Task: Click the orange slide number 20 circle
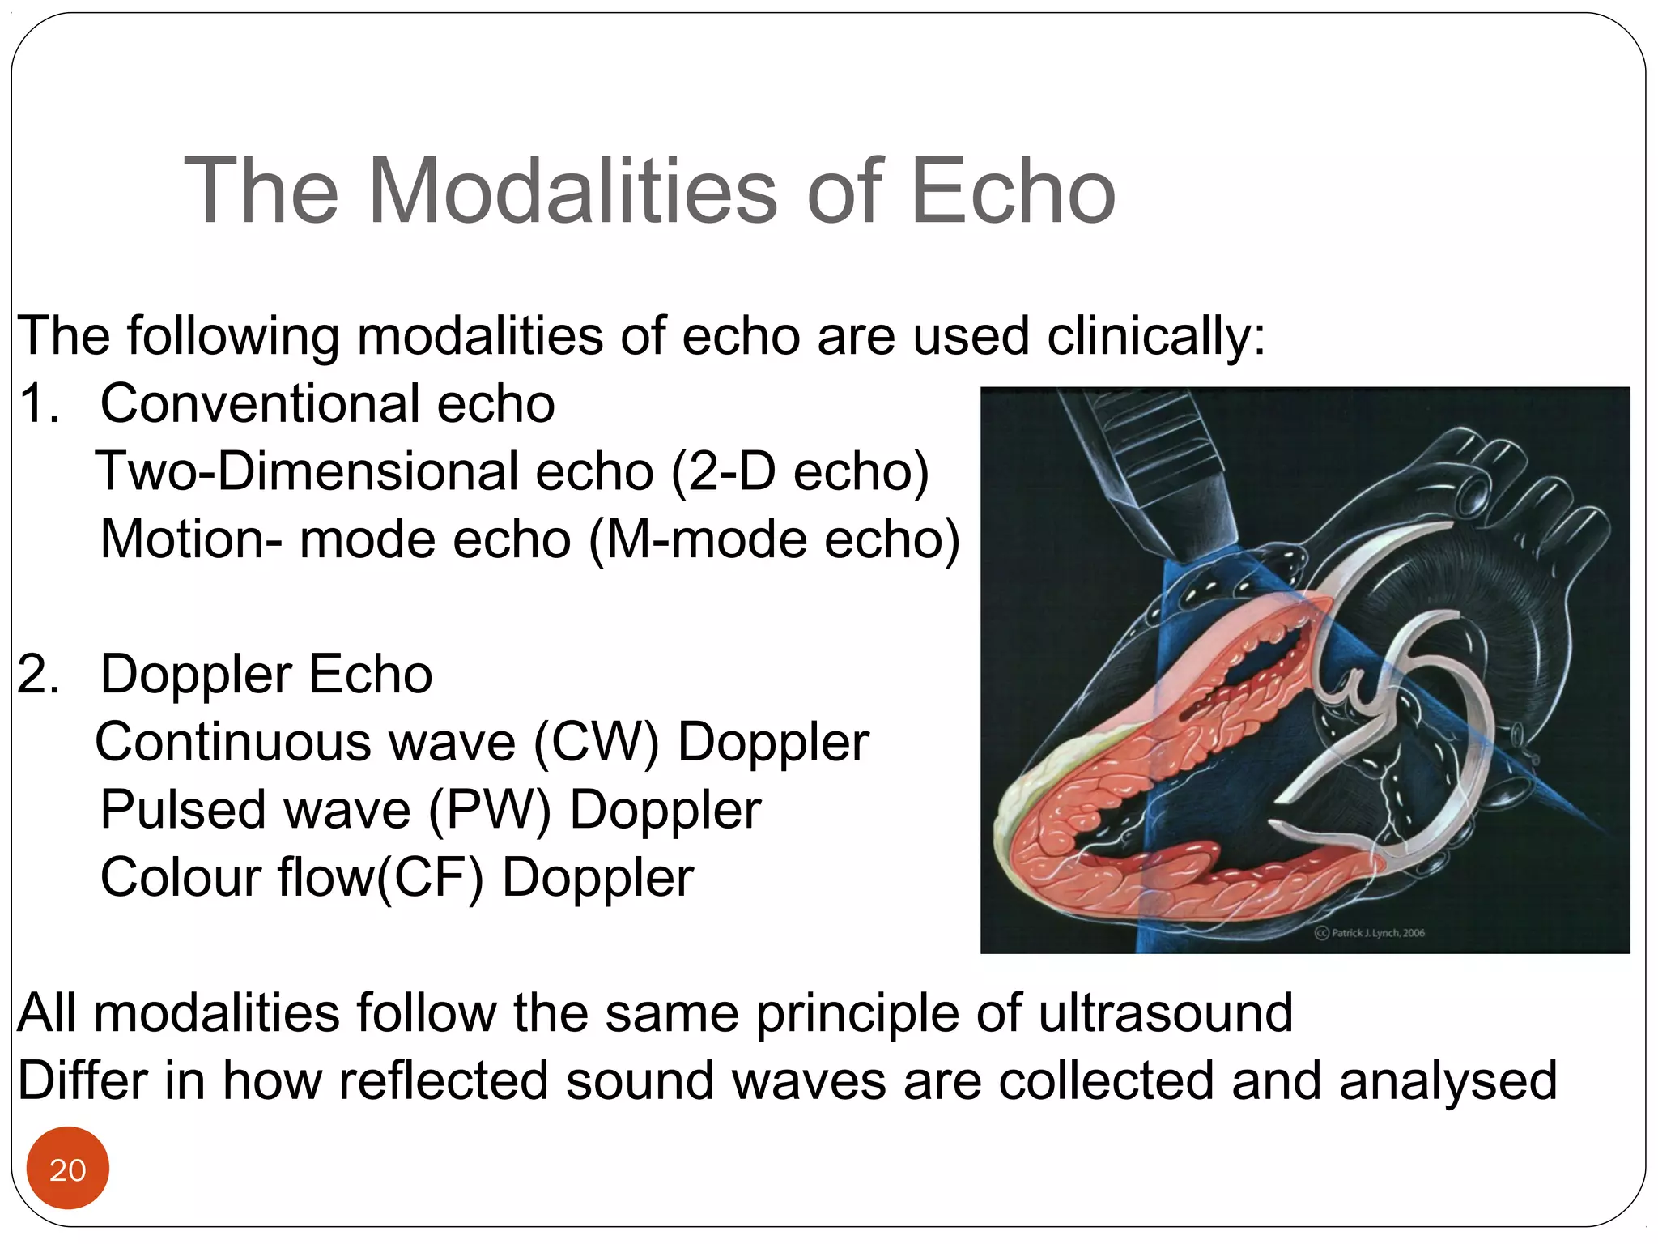67,1169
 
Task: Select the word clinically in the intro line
1155,336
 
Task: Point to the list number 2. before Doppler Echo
39,675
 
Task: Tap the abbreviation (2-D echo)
800,471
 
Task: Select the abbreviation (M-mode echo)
774,539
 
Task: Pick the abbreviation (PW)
489,810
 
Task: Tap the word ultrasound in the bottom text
1165,1013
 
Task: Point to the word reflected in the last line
443,1081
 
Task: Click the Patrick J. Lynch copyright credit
1370,933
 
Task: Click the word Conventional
259,404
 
